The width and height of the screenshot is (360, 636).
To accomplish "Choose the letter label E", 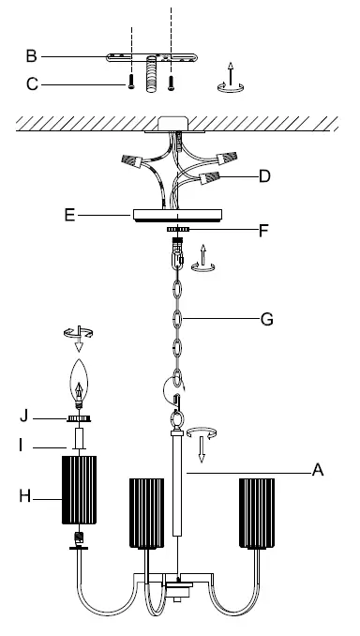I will tap(69, 216).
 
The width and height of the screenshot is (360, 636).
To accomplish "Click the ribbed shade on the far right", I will tap(261, 512).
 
